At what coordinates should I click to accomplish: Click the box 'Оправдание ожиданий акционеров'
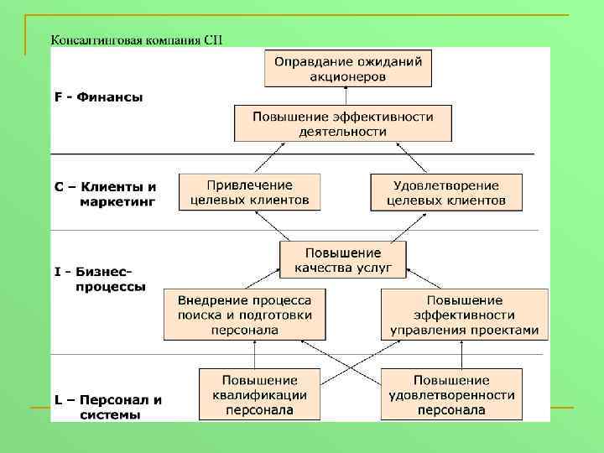click(x=348, y=68)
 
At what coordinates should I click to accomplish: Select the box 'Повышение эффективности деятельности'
click(x=342, y=122)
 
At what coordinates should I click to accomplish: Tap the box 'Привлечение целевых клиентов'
click(x=249, y=192)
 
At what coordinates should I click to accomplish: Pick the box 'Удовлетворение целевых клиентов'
click(x=445, y=192)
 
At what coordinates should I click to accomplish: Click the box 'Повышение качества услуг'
click(x=342, y=260)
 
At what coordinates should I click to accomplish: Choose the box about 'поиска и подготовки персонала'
click(x=244, y=315)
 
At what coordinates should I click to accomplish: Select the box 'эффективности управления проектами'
click(x=464, y=315)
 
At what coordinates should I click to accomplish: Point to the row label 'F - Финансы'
click(x=99, y=97)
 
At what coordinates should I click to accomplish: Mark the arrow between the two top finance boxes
click(x=348, y=96)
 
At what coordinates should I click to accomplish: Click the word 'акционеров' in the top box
click(x=348, y=76)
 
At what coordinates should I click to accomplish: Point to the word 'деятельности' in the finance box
click(x=342, y=131)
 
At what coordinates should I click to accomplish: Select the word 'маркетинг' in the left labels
click(x=117, y=201)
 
